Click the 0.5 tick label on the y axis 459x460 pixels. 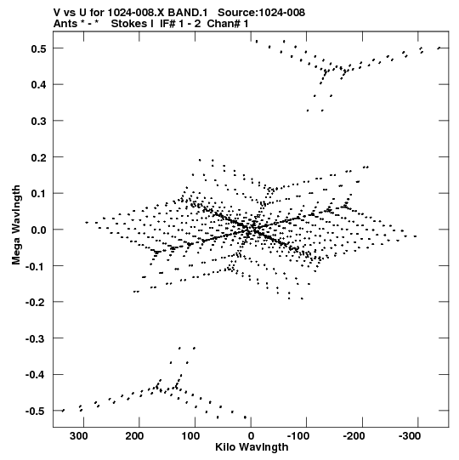[39, 48]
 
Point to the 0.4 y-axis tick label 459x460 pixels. [39, 85]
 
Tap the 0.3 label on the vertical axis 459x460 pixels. [39, 121]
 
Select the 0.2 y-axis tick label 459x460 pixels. [39, 157]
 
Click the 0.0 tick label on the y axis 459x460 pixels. [39, 230]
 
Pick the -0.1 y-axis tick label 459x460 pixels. [36, 266]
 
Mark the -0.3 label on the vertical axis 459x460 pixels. [36, 339]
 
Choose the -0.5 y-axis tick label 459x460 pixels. [36, 412]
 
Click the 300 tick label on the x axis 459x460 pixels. [78, 436]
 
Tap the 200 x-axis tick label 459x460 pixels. [134, 436]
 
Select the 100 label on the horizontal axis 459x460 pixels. [190, 436]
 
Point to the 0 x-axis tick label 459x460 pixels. [251, 436]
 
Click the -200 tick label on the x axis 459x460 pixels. [354, 436]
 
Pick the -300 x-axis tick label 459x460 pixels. [410, 436]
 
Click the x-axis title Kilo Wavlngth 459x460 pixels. [252, 448]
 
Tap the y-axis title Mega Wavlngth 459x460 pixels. [16, 225]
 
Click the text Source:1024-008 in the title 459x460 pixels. [261, 13]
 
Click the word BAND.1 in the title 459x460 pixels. [188, 13]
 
